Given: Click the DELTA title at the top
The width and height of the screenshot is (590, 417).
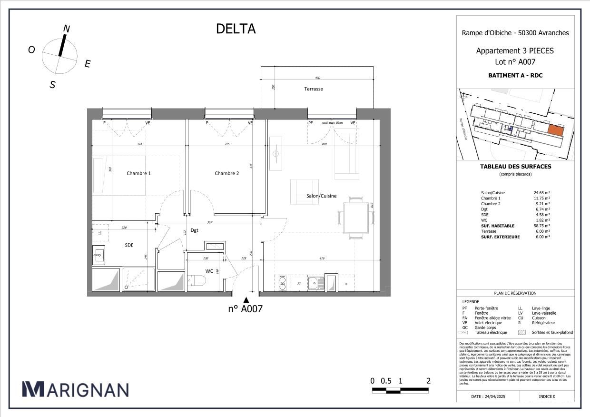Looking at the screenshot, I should pyautogui.click(x=236, y=29).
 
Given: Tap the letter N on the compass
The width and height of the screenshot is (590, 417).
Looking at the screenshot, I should pyautogui.click(x=67, y=29).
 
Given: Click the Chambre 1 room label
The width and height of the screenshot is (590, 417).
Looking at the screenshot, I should pyautogui.click(x=138, y=173).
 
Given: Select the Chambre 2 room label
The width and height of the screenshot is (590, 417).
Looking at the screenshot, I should pyautogui.click(x=226, y=173).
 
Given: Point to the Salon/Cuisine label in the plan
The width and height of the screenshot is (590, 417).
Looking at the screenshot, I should pyautogui.click(x=321, y=196).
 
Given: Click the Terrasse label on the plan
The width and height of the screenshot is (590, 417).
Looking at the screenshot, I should pyautogui.click(x=314, y=89).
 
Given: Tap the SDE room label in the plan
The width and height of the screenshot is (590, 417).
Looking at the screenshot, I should pyautogui.click(x=129, y=245).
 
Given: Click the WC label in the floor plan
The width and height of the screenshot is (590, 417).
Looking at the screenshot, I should pyautogui.click(x=209, y=271).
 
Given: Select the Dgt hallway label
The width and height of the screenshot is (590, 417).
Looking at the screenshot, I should pyautogui.click(x=194, y=230).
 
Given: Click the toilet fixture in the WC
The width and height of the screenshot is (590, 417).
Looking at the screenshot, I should pyautogui.click(x=196, y=281).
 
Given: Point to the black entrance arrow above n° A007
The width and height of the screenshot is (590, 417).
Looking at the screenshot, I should pyautogui.click(x=246, y=300).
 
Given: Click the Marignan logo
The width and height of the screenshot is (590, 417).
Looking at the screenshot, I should pyautogui.click(x=75, y=389).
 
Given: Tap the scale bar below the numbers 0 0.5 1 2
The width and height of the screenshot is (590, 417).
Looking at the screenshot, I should pyautogui.click(x=400, y=391).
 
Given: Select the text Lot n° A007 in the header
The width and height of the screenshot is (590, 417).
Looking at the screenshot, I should pyautogui.click(x=515, y=62).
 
